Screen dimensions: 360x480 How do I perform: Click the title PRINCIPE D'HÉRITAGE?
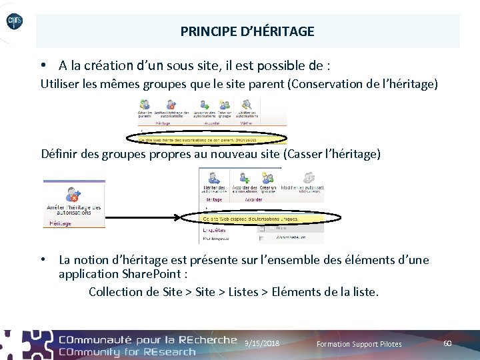(x=247, y=31)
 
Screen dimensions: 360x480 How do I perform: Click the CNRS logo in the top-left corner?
(x=14, y=23)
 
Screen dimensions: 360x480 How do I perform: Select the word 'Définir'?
(x=59, y=154)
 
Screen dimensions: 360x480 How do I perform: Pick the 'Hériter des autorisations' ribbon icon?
(x=214, y=182)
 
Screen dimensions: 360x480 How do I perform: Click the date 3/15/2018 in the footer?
(x=262, y=343)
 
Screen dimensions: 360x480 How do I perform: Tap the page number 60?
(x=447, y=343)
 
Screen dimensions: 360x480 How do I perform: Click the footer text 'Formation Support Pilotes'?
(x=359, y=344)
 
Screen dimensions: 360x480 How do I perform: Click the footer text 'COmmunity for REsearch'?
(x=127, y=351)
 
